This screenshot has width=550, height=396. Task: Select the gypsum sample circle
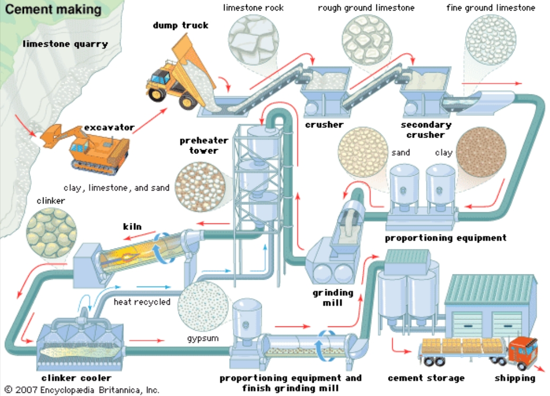(x=204, y=310)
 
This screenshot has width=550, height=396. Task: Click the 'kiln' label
(x=133, y=227)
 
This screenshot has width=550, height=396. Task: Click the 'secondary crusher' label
(x=426, y=130)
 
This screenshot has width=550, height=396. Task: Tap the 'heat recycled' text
(x=142, y=302)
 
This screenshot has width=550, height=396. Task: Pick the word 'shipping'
(x=515, y=378)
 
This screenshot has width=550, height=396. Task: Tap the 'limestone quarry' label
(x=65, y=44)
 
